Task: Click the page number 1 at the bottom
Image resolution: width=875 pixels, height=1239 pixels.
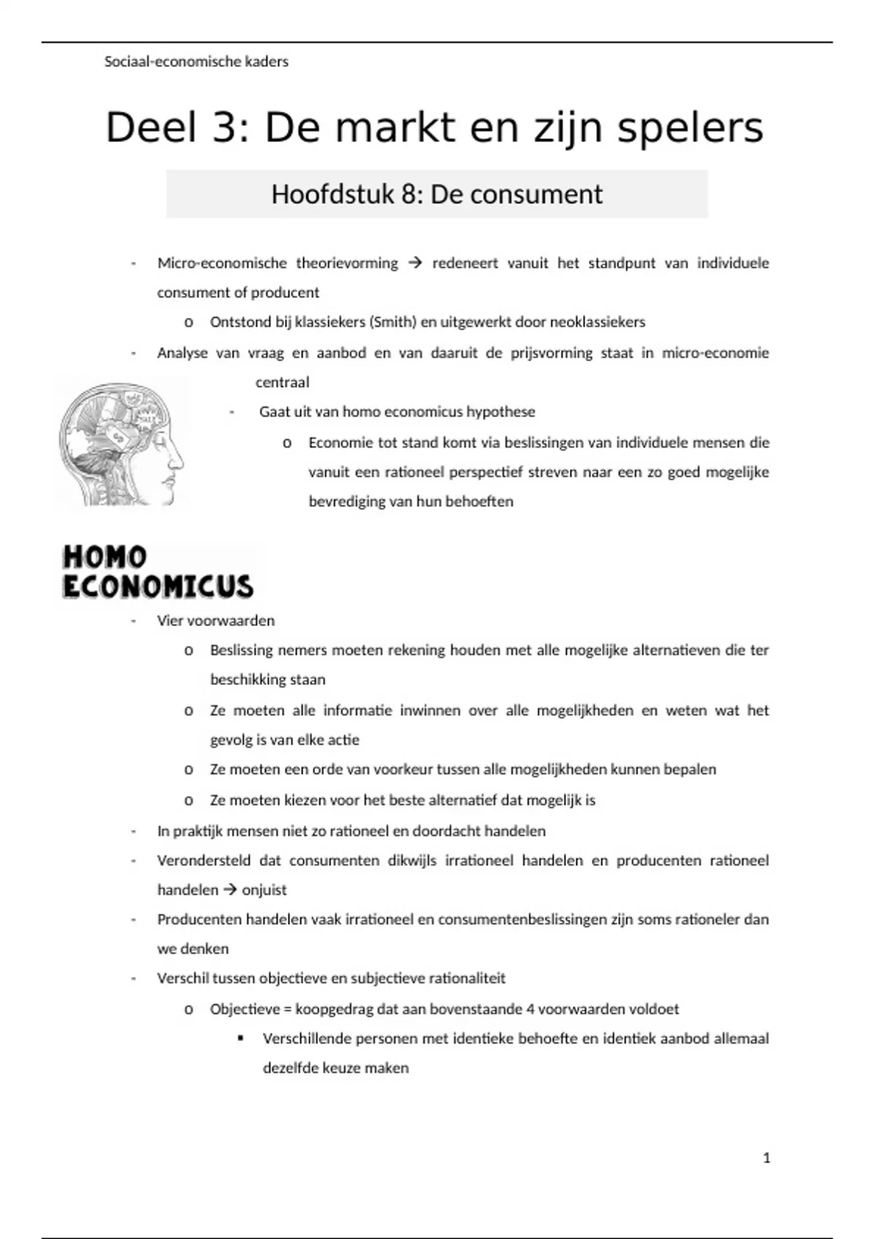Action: pyautogui.click(x=766, y=1158)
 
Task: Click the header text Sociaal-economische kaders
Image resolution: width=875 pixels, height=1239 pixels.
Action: pyautogui.click(x=196, y=62)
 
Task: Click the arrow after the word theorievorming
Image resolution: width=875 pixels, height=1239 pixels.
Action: pyautogui.click(x=415, y=263)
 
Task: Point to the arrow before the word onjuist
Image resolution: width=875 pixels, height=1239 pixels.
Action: pyautogui.click(x=230, y=890)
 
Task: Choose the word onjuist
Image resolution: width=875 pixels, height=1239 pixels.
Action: pyautogui.click(x=265, y=890)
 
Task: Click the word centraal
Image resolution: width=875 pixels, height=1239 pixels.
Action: pyautogui.click(x=282, y=383)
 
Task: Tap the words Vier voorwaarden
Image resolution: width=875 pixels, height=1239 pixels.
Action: pyautogui.click(x=216, y=621)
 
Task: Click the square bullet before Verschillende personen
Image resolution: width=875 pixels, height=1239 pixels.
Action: pyautogui.click(x=241, y=1038)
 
